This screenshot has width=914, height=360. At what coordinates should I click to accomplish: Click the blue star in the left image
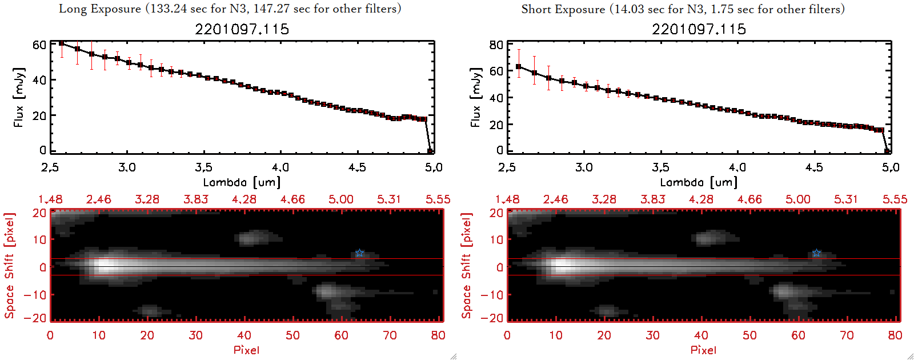359,253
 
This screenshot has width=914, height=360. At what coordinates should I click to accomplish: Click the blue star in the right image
816,253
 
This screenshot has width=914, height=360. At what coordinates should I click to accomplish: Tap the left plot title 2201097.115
242,29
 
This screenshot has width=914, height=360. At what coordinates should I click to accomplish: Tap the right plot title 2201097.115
699,29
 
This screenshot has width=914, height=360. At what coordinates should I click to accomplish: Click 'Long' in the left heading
71,9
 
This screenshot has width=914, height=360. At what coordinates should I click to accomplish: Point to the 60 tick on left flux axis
39,45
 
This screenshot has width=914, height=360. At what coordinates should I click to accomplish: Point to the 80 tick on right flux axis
496,45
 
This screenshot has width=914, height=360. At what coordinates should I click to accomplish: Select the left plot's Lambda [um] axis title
242,182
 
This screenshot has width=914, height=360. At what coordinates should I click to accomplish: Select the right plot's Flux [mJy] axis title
475,97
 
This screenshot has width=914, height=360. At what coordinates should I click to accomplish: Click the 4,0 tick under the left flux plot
280,167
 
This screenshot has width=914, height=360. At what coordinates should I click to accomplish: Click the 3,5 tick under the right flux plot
660,167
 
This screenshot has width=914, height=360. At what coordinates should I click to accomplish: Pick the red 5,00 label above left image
340,199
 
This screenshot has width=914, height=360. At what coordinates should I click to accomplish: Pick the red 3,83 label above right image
652,199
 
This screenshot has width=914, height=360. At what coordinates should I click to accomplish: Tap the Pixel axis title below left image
246,350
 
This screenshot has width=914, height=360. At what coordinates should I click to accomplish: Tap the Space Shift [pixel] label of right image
466,266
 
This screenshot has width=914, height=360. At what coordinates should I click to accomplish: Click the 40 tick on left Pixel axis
244,335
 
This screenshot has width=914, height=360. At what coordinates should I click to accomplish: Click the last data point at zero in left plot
430,151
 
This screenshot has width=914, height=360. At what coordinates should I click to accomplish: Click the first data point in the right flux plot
519,67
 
